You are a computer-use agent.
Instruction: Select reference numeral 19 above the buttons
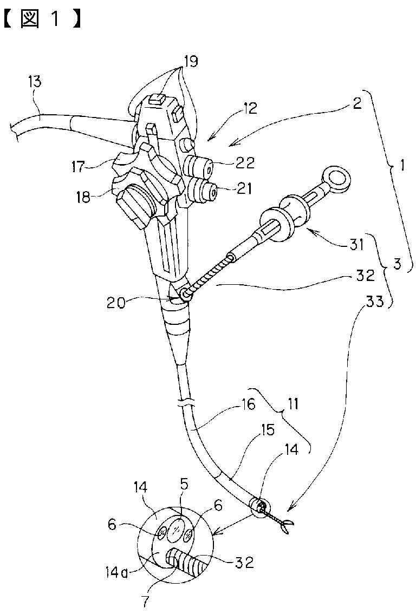[x=190, y=62]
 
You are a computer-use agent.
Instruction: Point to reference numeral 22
[x=245, y=161]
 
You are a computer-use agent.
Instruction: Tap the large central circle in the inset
[x=174, y=528]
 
